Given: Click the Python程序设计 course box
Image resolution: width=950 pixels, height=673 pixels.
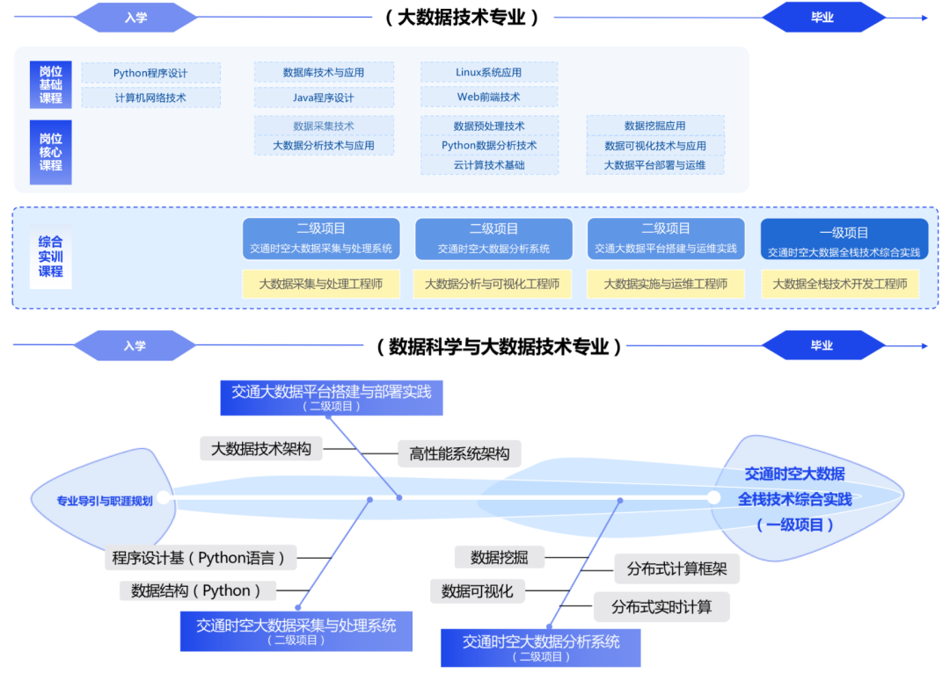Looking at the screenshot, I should pos(150,73).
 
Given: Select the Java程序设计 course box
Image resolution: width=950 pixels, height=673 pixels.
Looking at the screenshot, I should pos(324,98).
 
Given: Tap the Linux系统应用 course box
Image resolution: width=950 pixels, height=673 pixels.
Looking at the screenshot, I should pos(489,72).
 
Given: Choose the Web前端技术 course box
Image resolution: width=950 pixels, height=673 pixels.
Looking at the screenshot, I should pos(489,97).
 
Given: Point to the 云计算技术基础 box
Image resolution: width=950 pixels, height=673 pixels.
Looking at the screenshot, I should pos(489,165).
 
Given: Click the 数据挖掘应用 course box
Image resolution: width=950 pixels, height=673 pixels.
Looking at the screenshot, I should pos(655,126).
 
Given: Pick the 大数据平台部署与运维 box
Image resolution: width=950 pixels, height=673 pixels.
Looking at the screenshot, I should pos(655,165).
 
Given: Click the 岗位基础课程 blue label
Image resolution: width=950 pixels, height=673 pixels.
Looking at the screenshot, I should pos(51,85).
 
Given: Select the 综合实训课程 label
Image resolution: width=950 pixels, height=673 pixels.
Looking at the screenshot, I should pos(51,257).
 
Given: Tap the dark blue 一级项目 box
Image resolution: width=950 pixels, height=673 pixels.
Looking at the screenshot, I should pos(844,240).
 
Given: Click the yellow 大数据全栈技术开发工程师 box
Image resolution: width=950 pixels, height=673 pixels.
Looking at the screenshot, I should pos(840,284).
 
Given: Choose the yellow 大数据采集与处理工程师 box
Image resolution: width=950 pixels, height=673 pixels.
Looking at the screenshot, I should pos(321,284).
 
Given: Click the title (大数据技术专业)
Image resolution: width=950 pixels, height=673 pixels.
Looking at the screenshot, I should pos(462,18).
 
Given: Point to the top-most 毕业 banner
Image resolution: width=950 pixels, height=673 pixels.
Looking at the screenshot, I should pos(822,18).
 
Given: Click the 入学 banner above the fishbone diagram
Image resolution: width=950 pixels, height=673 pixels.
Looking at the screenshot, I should pos(135,346).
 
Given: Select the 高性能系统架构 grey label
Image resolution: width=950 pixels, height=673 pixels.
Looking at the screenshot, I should pos(459,454).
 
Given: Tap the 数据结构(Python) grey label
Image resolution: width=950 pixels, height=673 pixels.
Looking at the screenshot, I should pos(196,591).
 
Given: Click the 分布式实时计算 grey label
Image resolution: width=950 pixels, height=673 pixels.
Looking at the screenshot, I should pos(661,606).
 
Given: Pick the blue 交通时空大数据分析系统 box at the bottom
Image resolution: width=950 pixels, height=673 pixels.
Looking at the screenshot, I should pos(541,648).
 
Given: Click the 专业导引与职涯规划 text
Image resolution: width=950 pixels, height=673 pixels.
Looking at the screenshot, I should pos(105,501).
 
